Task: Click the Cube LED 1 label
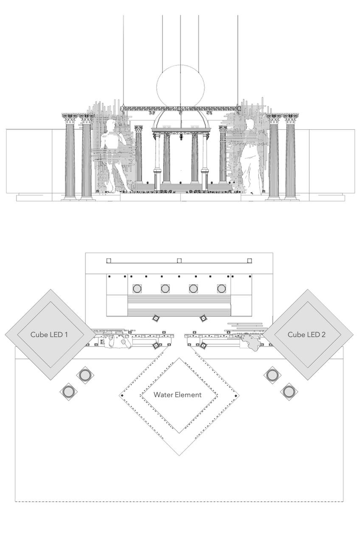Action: (x=49, y=334)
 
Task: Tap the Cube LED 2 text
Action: (x=307, y=334)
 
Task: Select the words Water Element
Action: (x=177, y=394)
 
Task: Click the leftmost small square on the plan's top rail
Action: (x=109, y=260)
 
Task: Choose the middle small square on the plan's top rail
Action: (x=179, y=260)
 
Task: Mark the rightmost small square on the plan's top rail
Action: (x=250, y=260)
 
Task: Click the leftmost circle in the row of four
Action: (x=137, y=288)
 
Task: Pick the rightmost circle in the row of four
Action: (x=221, y=288)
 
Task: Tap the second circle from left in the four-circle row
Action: (x=165, y=288)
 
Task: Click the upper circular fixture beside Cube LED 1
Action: (x=84, y=375)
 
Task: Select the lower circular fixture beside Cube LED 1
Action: (x=68, y=391)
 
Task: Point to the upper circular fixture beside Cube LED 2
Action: (x=272, y=374)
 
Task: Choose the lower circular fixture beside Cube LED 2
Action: (x=288, y=390)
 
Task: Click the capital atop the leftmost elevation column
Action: (x=69, y=117)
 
